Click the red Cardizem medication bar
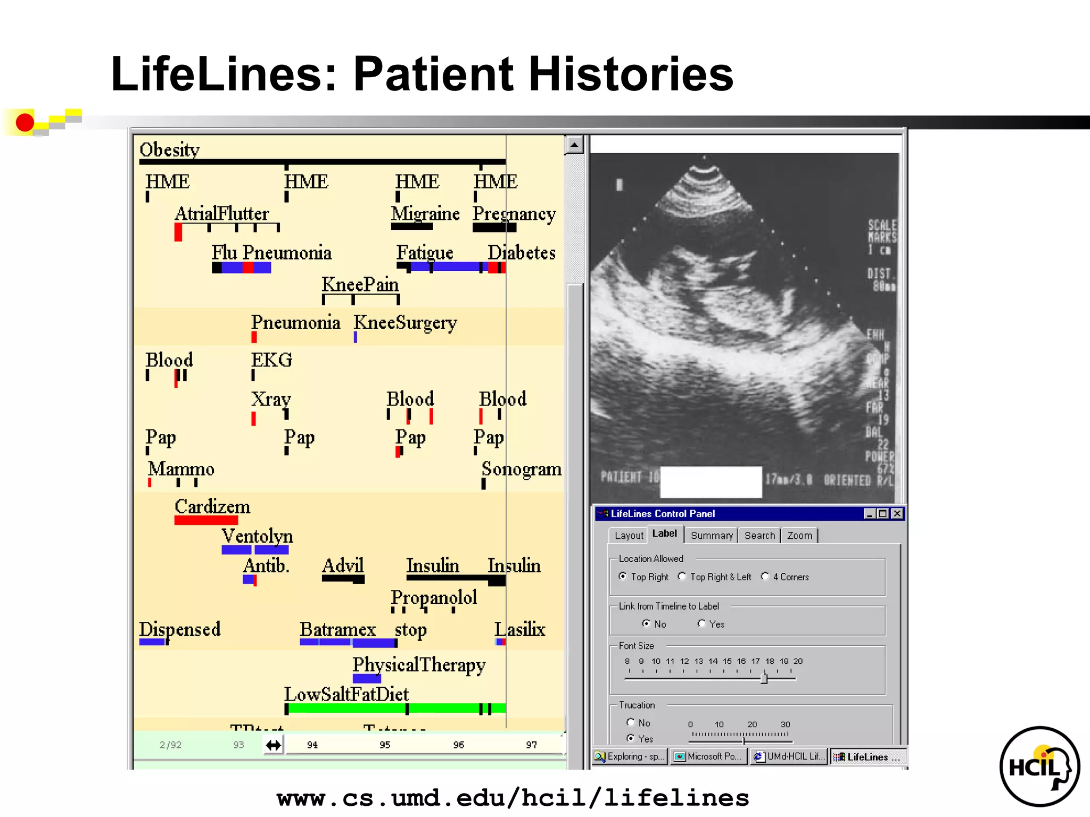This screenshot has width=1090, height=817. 206,520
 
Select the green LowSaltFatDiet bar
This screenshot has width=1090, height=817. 394,708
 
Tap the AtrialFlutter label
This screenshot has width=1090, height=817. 221,214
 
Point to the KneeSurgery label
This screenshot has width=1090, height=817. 405,323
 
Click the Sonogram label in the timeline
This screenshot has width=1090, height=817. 521,469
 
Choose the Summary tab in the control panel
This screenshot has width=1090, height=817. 711,536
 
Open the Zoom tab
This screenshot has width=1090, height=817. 799,536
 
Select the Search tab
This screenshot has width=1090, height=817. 759,536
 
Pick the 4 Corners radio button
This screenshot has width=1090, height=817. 765,577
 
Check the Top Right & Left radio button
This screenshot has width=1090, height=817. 682,577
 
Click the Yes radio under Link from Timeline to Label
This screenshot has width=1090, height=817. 701,623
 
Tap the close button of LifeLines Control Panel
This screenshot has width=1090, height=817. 897,513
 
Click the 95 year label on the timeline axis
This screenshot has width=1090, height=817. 385,745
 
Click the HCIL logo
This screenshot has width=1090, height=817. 1039,766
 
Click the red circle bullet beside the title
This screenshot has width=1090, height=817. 24,122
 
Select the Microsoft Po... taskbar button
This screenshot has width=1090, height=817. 709,756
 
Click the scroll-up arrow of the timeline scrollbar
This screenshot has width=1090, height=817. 574,145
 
